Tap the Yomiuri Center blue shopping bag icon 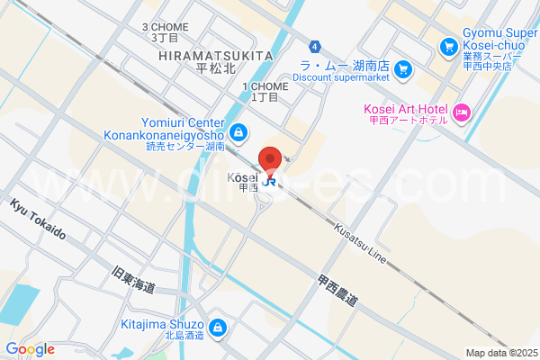(x=237, y=132)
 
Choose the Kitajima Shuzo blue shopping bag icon (x=217, y=326)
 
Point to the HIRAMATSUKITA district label (x=215, y=56)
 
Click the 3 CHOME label (x=165, y=27)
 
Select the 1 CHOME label (x=265, y=86)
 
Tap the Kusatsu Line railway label (x=360, y=244)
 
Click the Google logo (x=30, y=349)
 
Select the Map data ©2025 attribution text (x=499, y=353)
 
